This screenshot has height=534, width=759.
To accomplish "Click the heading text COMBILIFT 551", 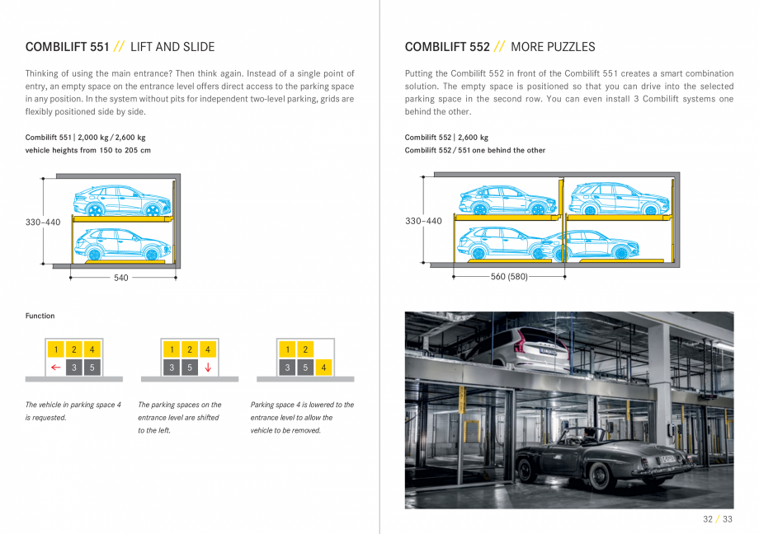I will pos(67,47).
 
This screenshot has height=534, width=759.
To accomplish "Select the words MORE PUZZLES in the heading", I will pos(553,47).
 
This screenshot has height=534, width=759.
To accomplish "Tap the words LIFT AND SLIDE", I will pos(172,47).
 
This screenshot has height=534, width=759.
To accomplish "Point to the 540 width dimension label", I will pos(121,278).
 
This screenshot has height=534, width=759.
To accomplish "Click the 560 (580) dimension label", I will pos(509,277).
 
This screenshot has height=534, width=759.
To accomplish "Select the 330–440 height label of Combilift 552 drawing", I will pos(423,221).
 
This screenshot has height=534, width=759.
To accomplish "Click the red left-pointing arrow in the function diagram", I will pos(55,368).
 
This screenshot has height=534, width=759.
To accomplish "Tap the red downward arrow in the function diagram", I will pos(208,368).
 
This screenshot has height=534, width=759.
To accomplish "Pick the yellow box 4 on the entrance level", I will pos(323,368).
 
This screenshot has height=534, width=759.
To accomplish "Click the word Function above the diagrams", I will pos(40,316).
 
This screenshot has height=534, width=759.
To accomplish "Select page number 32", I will pos(707,519).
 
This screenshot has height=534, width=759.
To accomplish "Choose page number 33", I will pos(727,519).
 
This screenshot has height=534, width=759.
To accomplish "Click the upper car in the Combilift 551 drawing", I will pos(120,200).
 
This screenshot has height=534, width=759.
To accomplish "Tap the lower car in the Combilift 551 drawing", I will pos(120,245).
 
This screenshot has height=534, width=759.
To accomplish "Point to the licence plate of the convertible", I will pos(667,458).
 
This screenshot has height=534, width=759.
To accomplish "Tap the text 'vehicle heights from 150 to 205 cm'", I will pos(88,150).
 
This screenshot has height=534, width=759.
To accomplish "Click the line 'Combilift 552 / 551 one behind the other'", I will pos(474,150).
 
